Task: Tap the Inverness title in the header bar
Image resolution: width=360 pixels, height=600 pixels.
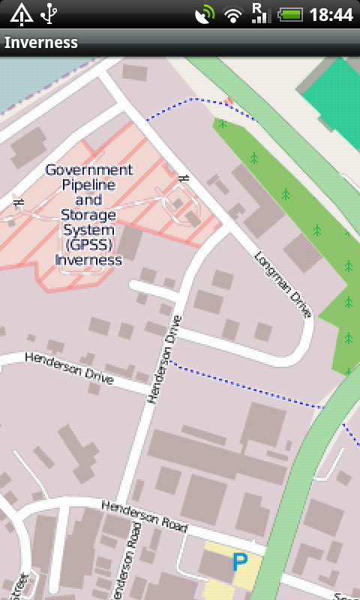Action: (x=41, y=42)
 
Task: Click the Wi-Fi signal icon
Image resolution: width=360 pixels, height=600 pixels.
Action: (x=234, y=14)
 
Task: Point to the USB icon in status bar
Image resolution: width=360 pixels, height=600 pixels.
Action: (x=49, y=13)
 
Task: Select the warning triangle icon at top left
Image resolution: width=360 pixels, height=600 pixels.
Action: (x=21, y=13)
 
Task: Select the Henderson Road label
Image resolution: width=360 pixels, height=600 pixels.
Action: (x=144, y=517)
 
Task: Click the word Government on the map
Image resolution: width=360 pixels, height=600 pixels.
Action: (x=88, y=169)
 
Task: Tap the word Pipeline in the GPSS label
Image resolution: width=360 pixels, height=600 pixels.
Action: (x=88, y=184)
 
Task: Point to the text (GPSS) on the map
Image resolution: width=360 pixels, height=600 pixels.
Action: (x=88, y=245)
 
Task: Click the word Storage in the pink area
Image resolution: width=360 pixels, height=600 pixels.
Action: (x=88, y=215)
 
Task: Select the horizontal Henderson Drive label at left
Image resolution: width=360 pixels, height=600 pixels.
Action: (x=69, y=368)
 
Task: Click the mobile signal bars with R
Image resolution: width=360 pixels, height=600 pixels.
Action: (x=260, y=13)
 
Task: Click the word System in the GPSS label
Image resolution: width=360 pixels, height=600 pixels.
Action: (x=88, y=230)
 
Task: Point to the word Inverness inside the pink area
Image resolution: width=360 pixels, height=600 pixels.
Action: (x=88, y=260)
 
